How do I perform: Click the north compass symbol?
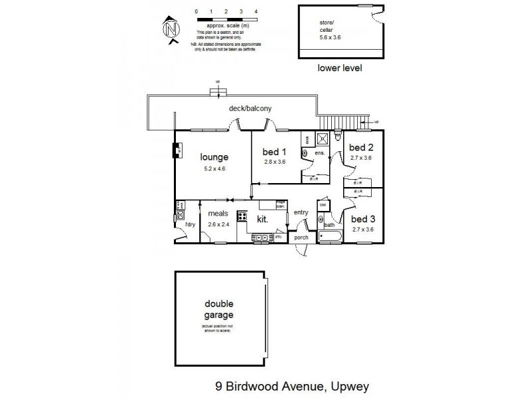(172, 31)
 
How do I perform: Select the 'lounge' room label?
(214, 158)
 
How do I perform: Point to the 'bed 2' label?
(362, 147)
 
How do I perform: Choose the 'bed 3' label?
(362, 218)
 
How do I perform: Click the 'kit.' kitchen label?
(263, 218)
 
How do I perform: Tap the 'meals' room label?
(218, 214)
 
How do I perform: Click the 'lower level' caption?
(340, 67)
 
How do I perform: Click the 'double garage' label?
(218, 310)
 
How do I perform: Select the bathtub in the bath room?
(330, 236)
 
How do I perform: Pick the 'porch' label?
(301, 237)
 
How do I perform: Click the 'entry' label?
(301, 212)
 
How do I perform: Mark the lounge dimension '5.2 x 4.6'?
(214, 170)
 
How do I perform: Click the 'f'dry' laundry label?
(190, 224)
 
